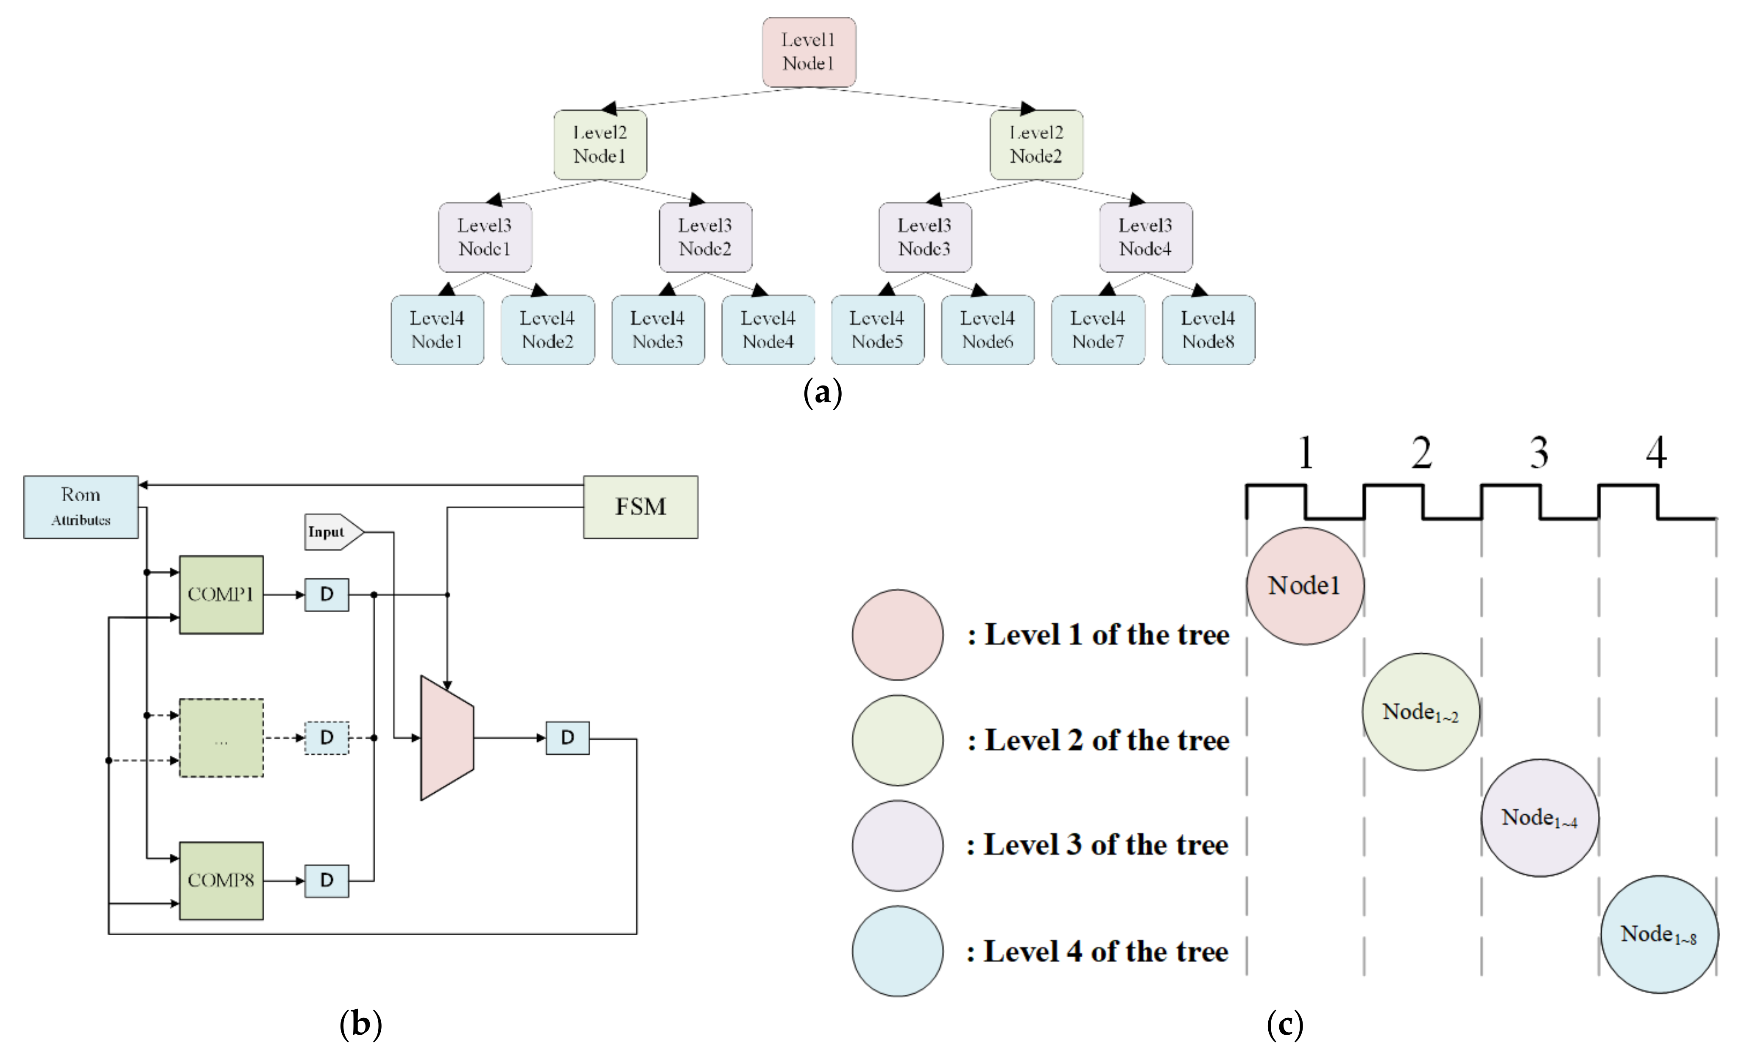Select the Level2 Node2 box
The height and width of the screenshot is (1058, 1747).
pyautogui.click(x=1036, y=144)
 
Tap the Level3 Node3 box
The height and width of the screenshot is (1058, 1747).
pyautogui.click(x=924, y=237)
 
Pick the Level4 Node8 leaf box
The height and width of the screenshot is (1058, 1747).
pyautogui.click(x=1208, y=330)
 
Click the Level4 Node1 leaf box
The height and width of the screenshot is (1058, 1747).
pyautogui.click(x=437, y=330)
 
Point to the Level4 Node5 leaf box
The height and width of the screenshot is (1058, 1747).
pyautogui.click(x=877, y=330)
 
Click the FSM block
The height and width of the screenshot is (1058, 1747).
pyautogui.click(x=640, y=507)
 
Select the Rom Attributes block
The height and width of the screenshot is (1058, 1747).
pyautogui.click(x=81, y=507)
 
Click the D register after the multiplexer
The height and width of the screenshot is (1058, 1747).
pyautogui.click(x=567, y=738)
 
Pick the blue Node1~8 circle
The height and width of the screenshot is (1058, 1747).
pyautogui.click(x=1658, y=934)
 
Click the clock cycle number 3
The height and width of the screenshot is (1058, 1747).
pyautogui.click(x=1538, y=453)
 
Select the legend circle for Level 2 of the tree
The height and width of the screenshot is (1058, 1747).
pyautogui.click(x=898, y=740)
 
